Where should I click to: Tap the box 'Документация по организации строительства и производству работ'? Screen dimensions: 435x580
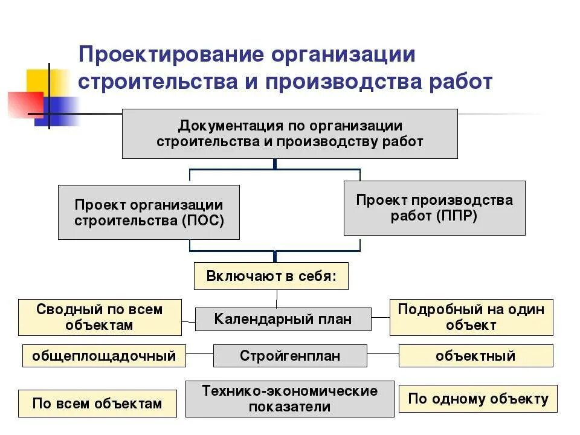[289, 134]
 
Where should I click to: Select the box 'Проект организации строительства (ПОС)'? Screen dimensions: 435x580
[149, 212]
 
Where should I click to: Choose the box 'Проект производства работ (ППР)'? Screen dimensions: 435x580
[434, 207]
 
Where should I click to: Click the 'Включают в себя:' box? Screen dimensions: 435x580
[271, 276]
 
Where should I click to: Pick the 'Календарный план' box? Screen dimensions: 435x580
[283, 318]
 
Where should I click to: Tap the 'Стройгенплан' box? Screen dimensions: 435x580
[289, 355]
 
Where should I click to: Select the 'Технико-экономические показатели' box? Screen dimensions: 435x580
[289, 398]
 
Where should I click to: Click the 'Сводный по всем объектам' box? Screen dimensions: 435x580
[100, 317]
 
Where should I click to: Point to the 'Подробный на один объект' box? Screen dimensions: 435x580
[471, 317]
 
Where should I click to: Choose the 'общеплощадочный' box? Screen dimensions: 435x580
[104, 355]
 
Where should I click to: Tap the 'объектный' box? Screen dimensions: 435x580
[475, 355]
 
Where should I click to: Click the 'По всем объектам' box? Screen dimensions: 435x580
[97, 403]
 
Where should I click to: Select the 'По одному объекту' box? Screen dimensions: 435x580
[478, 398]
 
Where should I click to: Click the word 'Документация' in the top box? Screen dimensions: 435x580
[222, 126]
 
